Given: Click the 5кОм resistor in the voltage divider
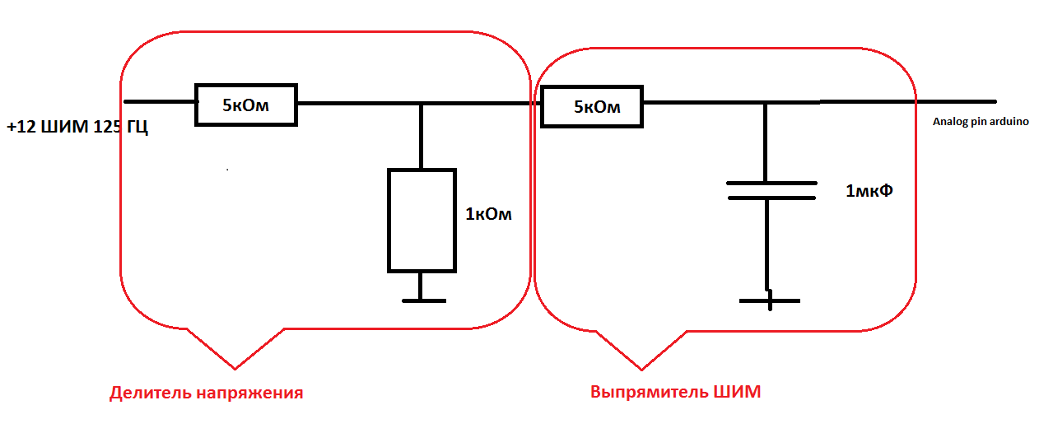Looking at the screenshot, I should [245, 105].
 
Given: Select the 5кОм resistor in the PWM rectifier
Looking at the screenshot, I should [591, 107].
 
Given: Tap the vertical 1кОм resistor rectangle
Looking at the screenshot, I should [422, 220].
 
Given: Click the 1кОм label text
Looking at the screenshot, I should [488, 215].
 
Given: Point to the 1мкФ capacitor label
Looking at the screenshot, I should [869, 191].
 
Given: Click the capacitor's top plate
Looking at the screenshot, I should [771, 183].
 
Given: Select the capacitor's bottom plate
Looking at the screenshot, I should [771, 198].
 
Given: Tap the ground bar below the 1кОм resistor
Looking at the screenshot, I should [423, 300].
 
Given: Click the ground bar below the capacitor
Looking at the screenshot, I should [769, 301].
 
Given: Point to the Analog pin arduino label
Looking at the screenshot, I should [980, 122].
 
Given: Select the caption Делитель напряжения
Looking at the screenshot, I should [206, 393].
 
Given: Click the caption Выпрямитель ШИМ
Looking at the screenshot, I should [675, 392].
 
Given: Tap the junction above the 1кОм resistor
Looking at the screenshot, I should [422, 104].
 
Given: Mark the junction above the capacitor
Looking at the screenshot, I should [766, 103].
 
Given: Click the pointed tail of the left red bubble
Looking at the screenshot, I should [235, 365].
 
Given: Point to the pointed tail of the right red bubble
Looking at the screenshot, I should [642, 367].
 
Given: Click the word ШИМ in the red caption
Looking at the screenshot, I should [735, 392].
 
